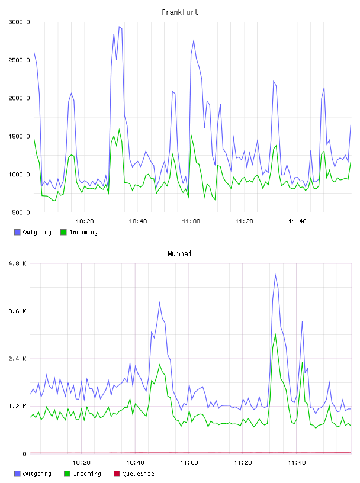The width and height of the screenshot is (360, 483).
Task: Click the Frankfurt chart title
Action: click(x=180, y=12)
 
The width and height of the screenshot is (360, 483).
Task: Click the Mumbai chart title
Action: click(x=179, y=253)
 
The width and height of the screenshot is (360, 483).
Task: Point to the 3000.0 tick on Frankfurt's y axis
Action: click(x=19, y=22)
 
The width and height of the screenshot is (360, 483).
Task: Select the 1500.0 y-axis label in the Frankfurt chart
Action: click(x=19, y=136)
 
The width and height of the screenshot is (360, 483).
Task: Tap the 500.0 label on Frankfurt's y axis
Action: click(x=21, y=212)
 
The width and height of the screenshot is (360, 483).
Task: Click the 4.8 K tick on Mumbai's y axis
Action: click(x=17, y=263)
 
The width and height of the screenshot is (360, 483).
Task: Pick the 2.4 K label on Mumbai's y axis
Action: click(x=17, y=359)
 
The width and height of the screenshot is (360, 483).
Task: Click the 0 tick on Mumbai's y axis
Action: click(x=24, y=454)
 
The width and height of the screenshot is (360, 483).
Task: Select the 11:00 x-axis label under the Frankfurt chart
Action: click(x=191, y=221)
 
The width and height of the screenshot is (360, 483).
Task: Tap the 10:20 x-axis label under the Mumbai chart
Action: click(x=81, y=462)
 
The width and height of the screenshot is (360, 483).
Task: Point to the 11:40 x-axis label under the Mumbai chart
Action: click(x=297, y=462)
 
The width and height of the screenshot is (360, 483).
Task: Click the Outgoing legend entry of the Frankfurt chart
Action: click(x=33, y=232)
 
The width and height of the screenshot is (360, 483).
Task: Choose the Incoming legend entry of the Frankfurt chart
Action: click(x=79, y=232)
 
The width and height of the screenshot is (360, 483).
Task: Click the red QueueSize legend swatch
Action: click(x=117, y=474)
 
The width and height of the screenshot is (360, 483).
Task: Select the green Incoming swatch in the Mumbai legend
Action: click(x=67, y=474)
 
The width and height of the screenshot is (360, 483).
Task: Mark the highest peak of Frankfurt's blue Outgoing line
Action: click(x=119, y=27)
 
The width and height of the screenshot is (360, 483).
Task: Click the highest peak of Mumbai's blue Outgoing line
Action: click(x=275, y=274)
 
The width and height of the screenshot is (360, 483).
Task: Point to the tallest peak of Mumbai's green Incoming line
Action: click(x=275, y=334)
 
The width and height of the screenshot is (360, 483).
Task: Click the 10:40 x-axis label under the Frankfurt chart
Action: click(x=138, y=221)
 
